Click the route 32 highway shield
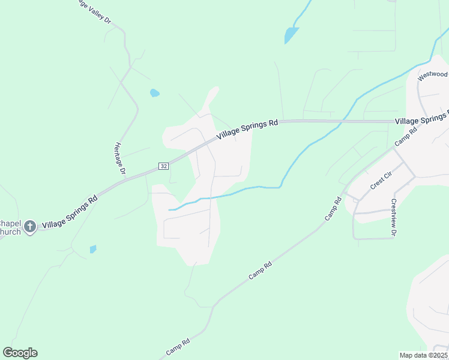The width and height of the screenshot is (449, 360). point(163,166)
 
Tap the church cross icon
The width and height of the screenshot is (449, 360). point(30,226)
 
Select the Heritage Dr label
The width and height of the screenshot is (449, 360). point(119,159)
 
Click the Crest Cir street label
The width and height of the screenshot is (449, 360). point(381,181)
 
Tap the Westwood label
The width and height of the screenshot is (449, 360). point(432,75)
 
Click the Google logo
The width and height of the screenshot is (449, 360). point(20,353)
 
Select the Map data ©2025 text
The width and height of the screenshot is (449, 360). point(423,355)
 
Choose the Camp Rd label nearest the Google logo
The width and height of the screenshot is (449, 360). point(178,347)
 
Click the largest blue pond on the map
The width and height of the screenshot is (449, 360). point(291,35)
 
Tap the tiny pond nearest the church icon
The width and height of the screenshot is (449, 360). point(93,249)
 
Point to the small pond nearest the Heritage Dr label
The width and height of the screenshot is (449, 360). point(154,93)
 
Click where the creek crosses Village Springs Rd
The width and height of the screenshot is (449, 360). point(341,122)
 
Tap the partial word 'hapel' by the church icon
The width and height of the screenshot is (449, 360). point(11,223)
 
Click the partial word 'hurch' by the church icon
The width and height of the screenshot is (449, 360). point(11,232)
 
